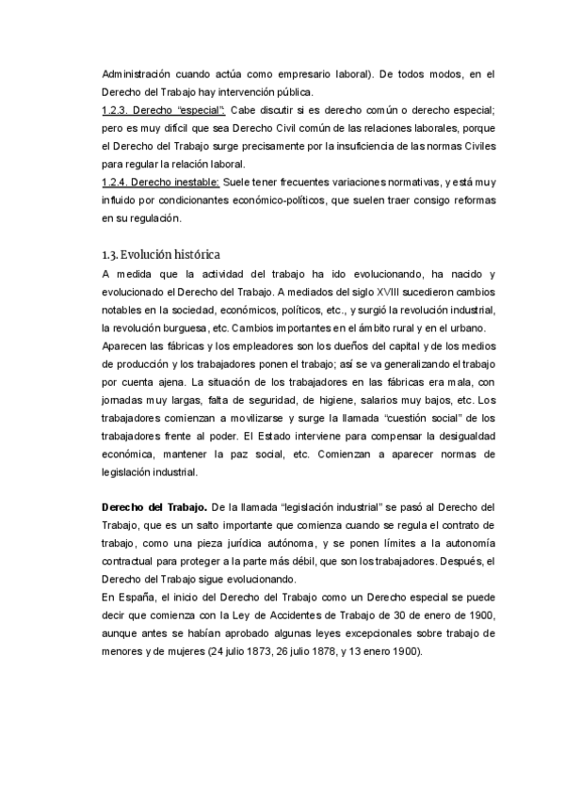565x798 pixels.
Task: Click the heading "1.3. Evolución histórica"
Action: pyautogui.click(x=160, y=254)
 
